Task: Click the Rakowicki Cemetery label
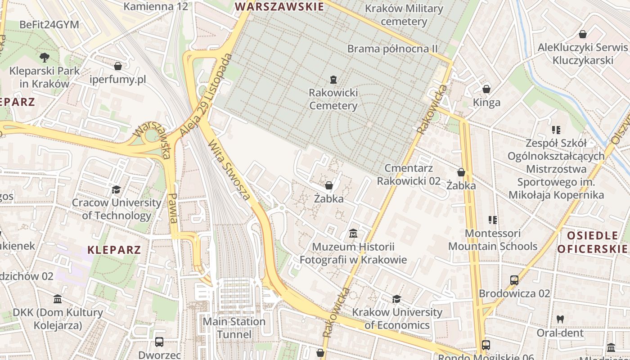[x=333, y=99]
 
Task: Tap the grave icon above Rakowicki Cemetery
[x=333, y=80]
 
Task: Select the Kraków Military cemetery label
[x=404, y=15]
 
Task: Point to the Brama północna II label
[x=392, y=49]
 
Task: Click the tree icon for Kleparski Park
[x=44, y=57]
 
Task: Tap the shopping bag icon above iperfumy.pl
[x=118, y=67]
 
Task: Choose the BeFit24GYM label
[x=49, y=24]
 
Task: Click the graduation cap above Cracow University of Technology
[x=117, y=189]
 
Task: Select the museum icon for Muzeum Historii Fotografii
[x=353, y=234]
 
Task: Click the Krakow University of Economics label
[x=397, y=319]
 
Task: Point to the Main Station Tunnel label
[x=234, y=328]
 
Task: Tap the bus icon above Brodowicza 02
[x=514, y=280]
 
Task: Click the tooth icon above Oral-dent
[x=560, y=319]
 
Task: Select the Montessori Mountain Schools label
[x=493, y=240]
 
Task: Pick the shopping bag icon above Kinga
[x=486, y=89]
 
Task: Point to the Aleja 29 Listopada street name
[x=206, y=95]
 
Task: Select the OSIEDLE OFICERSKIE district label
[x=592, y=242]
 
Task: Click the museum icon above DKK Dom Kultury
[x=58, y=299]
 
